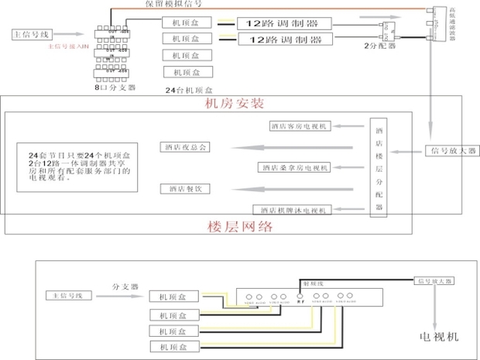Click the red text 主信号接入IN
point(70,47)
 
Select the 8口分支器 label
point(115,89)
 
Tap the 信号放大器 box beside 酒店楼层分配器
point(453,149)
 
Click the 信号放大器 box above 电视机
point(436,280)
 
